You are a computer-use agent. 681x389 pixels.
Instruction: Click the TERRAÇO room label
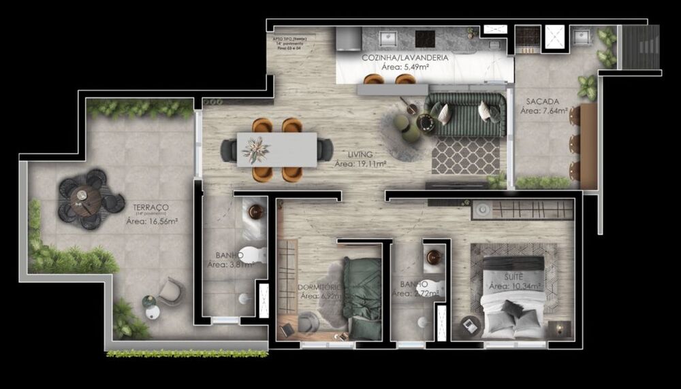[152, 207]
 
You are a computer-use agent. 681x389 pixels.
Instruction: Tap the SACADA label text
[540, 102]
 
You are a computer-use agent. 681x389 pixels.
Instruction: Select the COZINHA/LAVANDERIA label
[405, 58]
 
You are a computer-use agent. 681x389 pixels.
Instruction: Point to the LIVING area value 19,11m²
[361, 164]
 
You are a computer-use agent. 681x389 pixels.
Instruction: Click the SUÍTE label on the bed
[515, 277]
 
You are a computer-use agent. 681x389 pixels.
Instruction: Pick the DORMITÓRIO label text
[319, 288]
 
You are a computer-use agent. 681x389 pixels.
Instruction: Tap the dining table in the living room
[276, 150]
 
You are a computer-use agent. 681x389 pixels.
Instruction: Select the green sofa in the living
[466, 112]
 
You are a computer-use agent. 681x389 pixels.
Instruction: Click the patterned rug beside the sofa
[466, 156]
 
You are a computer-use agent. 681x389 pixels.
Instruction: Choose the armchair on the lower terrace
[171, 292]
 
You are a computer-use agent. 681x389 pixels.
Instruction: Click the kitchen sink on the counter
[389, 37]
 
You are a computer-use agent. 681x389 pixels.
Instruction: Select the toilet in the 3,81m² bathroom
[253, 256]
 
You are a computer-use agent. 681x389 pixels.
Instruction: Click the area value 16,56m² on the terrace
[152, 221]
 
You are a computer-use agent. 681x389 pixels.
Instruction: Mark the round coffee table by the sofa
[426, 123]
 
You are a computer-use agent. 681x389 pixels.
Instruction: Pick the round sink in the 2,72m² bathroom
[434, 258]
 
